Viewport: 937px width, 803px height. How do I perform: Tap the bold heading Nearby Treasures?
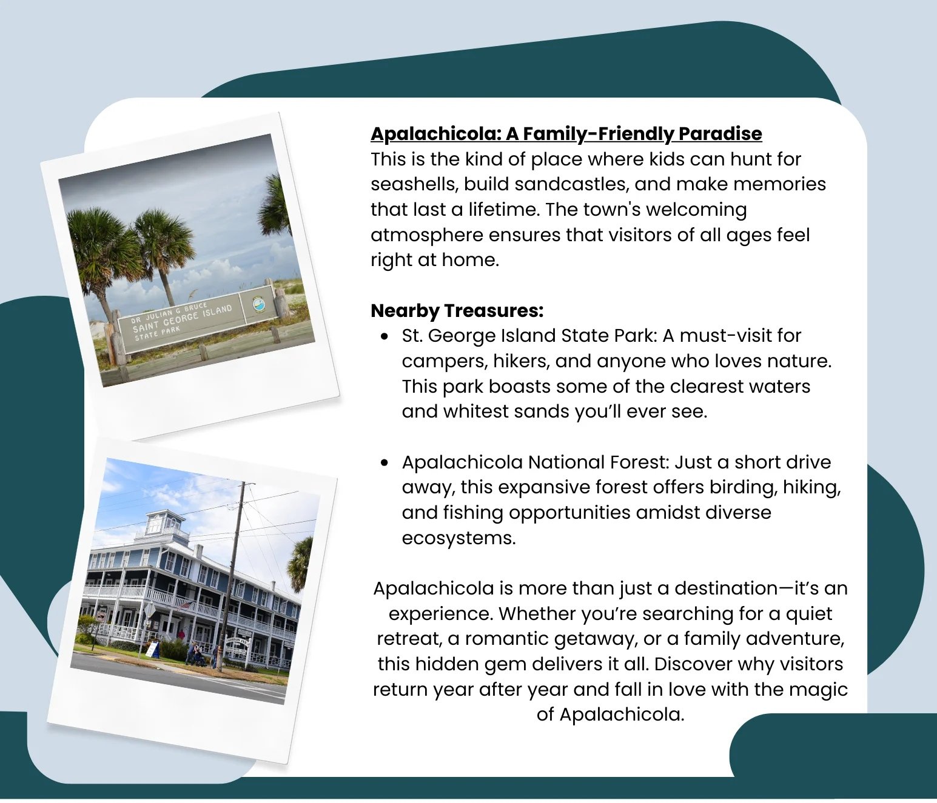457,311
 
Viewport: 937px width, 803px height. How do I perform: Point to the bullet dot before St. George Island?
385,336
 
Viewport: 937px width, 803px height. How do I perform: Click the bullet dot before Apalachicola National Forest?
385,462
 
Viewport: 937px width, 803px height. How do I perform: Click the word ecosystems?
458,539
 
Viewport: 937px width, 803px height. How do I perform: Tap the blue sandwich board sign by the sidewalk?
153,650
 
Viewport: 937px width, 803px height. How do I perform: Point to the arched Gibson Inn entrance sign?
238,641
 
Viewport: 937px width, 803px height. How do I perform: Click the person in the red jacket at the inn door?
182,636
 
